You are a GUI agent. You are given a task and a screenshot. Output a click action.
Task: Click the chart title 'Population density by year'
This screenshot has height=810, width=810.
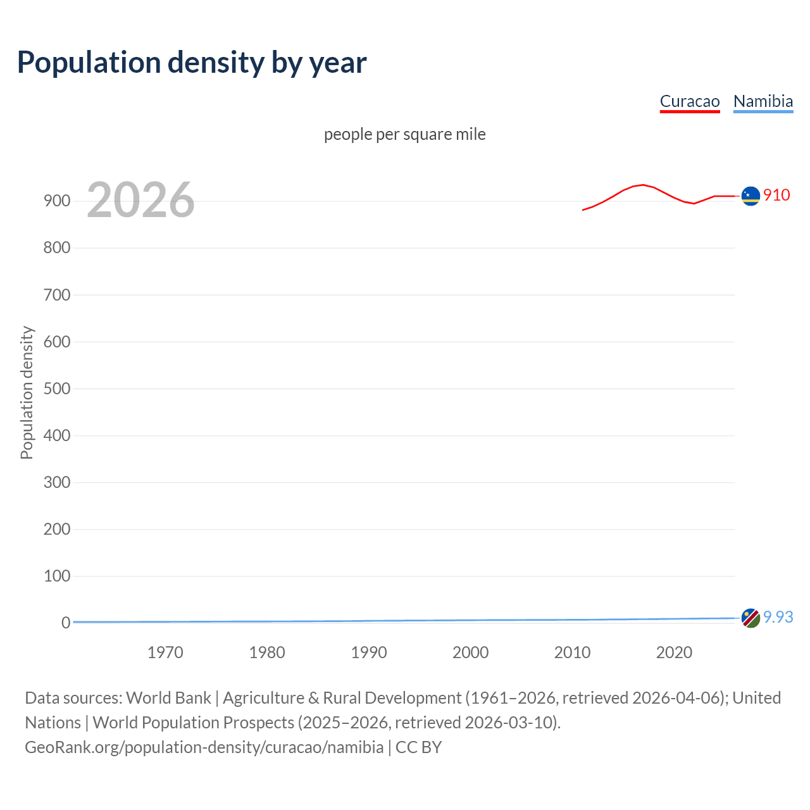192,63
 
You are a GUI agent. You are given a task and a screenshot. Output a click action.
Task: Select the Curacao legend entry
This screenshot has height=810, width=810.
689,101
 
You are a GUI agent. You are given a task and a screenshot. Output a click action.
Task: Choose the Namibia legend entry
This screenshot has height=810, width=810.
763,101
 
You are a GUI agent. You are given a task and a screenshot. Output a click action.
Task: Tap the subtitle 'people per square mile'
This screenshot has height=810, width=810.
404,134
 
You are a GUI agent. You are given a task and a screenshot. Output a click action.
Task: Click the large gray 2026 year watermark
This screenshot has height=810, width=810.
140,200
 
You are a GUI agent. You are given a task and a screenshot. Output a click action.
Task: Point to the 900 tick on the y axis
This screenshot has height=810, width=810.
57,201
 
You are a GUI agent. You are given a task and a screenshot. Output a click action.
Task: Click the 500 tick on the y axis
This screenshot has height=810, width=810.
57,389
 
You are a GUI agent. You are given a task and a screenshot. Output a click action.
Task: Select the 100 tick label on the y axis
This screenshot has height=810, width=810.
57,576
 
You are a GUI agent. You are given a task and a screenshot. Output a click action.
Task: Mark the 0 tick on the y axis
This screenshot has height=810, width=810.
65,623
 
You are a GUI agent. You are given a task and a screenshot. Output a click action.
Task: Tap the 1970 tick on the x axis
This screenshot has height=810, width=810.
165,652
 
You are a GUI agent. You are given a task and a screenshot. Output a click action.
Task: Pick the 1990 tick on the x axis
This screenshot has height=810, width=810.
369,652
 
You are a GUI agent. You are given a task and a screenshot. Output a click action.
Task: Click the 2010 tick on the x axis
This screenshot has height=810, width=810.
572,652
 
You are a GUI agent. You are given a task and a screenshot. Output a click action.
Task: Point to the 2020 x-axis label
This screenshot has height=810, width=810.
674,652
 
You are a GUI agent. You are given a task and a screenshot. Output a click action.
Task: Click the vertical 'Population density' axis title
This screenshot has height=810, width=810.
27,392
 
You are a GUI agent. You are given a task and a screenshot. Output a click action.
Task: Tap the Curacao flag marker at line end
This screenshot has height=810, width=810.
751,196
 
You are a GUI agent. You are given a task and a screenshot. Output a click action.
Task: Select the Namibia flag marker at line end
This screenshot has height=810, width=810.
751,618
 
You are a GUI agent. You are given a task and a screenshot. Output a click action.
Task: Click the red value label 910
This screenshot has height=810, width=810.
776,195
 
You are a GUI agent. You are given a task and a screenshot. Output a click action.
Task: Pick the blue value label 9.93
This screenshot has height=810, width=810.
778,617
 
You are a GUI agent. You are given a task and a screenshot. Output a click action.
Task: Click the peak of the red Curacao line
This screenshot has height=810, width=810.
643,185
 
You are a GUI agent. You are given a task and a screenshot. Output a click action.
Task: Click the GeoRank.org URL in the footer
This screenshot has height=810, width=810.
204,747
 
